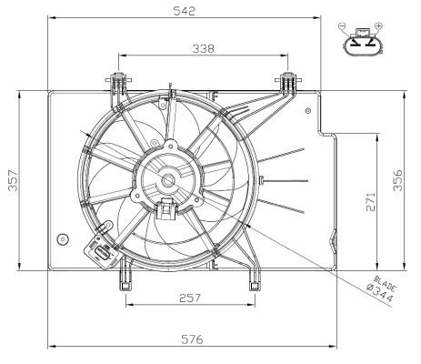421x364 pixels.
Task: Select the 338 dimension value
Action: pos(203,48)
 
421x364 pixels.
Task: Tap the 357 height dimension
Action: pos(10,180)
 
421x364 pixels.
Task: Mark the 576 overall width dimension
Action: pos(190,339)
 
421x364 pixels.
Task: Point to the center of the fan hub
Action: pos(167,175)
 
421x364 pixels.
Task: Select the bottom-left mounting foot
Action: pos(123,278)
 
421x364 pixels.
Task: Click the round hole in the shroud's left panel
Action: pos(62,239)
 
